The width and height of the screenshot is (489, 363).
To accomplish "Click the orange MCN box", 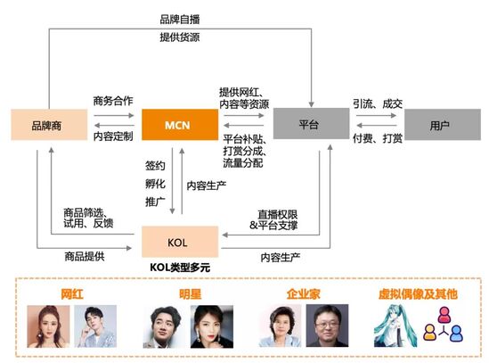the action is (180, 125).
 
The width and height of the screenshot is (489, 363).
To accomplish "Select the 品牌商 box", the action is (49, 125).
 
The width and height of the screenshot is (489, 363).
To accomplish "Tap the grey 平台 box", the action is (311, 123).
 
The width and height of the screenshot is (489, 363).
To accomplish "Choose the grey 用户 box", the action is (443, 125).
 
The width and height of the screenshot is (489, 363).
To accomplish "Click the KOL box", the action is (180, 242).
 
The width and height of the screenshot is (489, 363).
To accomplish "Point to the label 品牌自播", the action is (180, 20).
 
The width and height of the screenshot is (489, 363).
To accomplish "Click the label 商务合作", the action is (113, 101).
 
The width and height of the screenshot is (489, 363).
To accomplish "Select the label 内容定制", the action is (113, 136).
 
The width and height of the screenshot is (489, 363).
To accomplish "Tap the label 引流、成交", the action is (378, 103).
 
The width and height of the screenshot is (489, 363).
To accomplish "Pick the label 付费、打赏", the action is (378, 138).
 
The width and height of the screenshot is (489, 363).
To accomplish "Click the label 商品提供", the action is (85, 256).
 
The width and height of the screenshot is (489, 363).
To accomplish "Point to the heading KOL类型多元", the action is (180, 267).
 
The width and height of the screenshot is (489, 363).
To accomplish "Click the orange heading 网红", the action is (72, 294).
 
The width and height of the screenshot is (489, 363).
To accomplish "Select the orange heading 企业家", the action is (303, 294).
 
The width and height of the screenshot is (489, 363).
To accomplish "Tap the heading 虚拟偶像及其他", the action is (418, 294).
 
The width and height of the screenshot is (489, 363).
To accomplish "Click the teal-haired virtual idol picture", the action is (395, 326).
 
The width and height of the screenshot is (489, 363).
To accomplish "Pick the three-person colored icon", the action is (444, 324).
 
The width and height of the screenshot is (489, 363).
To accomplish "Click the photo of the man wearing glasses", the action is (327, 326).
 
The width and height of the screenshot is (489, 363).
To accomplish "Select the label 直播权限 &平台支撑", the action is (273, 220).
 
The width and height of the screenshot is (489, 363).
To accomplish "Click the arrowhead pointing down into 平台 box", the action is (311, 104).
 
